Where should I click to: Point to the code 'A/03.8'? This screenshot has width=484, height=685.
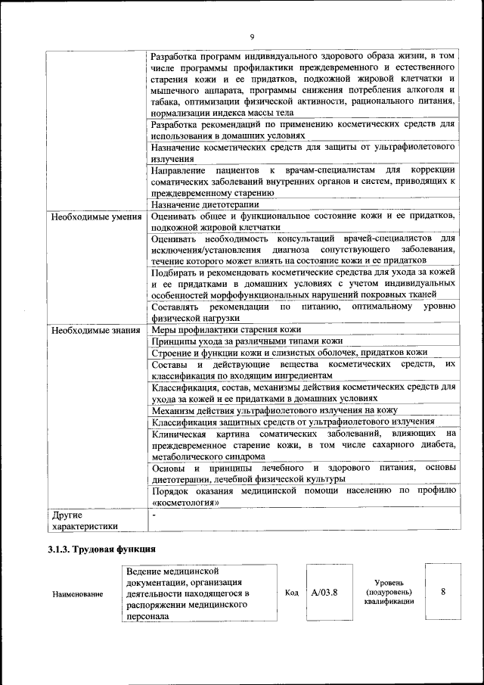pyautogui.click(x=324, y=593)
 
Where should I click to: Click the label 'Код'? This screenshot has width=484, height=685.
pyautogui.click(x=292, y=593)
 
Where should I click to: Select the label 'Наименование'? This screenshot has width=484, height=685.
pyautogui.click(x=78, y=594)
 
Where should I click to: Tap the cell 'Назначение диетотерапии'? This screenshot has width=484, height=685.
pyautogui.click(x=205, y=204)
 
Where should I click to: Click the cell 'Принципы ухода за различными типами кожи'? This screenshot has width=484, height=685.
pyautogui.click(x=247, y=341)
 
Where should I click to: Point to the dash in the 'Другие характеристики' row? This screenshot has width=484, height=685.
pyautogui.click(x=154, y=515)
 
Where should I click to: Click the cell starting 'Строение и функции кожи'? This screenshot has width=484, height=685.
pyautogui.click(x=289, y=353)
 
